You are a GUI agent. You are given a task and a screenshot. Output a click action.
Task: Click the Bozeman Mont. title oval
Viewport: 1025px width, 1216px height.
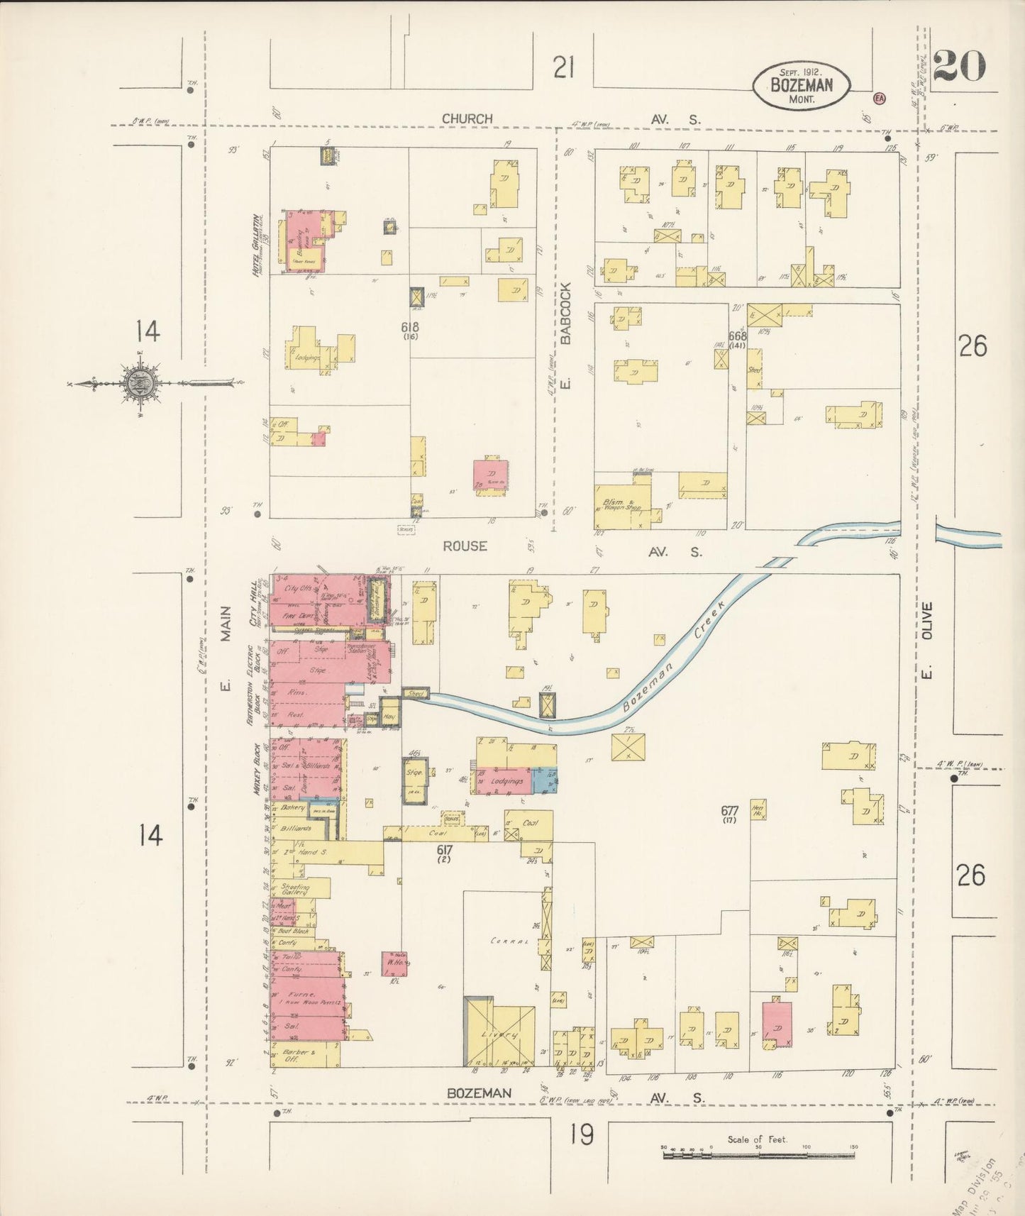(801, 85)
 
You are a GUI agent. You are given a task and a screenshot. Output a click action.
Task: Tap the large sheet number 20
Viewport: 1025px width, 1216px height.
(960, 67)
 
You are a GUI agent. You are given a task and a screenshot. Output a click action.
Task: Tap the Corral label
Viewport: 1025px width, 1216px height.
(509, 941)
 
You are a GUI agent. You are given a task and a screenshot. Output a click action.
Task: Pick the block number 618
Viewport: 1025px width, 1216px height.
(410, 328)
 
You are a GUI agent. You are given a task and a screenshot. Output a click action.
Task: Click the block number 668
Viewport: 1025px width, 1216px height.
(738, 336)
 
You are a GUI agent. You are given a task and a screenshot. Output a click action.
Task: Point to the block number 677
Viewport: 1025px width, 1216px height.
(730, 810)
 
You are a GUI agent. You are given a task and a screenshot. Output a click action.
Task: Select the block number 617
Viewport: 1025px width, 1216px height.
(445, 849)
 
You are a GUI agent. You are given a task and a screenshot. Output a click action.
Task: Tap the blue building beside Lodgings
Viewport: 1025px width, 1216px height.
(545, 780)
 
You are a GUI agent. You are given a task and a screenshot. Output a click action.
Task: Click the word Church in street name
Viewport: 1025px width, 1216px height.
(467, 118)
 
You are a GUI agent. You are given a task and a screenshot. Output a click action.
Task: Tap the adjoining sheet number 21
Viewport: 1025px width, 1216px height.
(563, 69)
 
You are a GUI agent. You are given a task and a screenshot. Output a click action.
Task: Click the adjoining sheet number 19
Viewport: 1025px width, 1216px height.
(580, 1135)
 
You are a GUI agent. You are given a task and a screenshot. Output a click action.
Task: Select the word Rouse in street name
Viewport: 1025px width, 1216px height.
(465, 546)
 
